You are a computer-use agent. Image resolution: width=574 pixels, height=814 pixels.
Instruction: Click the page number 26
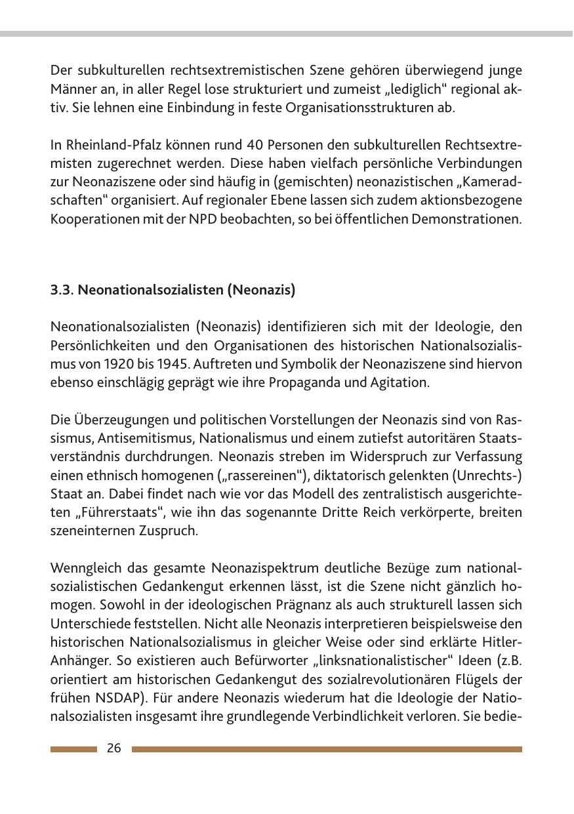114,748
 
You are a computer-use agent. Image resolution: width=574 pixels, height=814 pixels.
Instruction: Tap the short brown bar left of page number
73,749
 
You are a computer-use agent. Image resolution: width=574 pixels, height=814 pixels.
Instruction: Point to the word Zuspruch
168,530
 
